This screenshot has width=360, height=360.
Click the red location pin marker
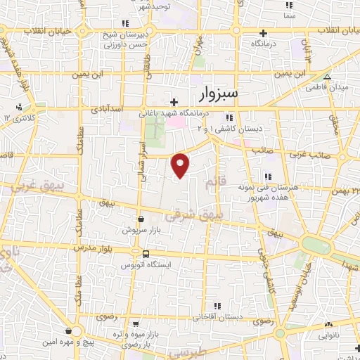[181, 165]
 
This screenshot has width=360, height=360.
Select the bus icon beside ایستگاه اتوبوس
[145, 254]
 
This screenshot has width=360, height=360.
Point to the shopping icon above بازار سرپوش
[141, 219]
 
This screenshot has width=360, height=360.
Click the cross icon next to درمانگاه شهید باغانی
[174, 103]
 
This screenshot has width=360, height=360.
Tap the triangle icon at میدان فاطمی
[326, 77]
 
